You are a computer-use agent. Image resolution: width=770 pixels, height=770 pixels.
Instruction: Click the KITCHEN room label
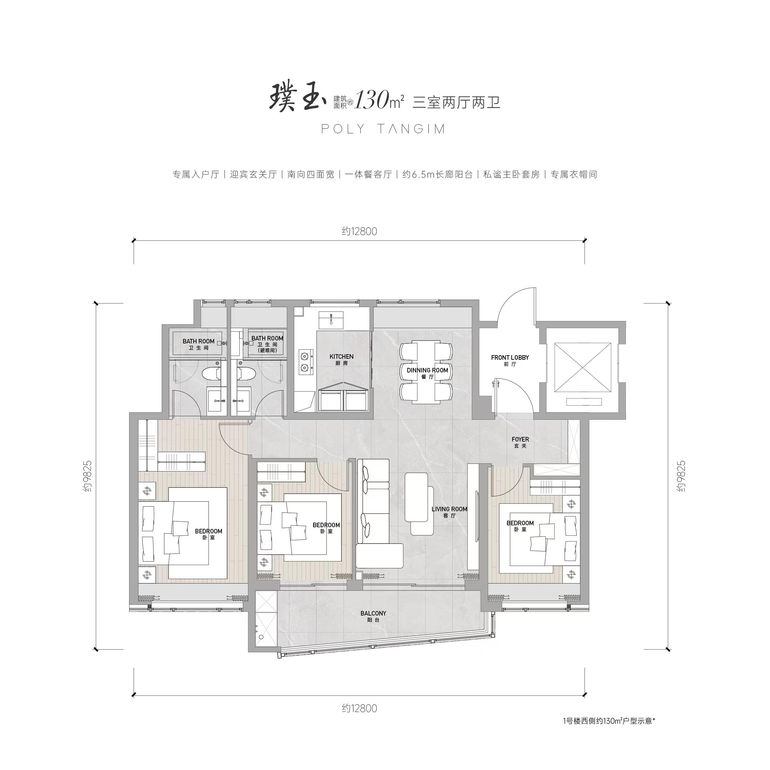341,359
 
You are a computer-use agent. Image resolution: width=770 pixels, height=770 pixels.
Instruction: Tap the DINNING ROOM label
427,373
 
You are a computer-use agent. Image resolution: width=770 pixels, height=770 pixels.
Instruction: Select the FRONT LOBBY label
510,361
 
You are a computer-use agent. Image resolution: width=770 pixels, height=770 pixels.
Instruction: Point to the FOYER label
520,443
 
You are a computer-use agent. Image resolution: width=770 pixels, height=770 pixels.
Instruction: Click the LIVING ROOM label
449,512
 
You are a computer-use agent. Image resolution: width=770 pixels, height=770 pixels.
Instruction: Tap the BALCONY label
373,617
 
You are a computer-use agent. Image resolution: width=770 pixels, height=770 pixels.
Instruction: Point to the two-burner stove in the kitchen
305,361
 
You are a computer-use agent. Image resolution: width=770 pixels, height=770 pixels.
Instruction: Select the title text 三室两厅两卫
456,102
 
